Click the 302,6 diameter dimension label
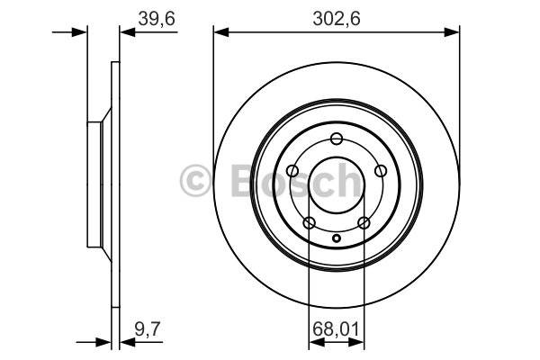(337, 18)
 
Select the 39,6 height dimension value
(157, 18)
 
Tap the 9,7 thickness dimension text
(148, 328)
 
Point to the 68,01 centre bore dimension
(336, 329)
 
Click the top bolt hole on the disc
(336, 139)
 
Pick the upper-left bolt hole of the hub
(292, 170)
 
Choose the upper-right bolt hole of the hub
(381, 170)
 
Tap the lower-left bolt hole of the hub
(310, 222)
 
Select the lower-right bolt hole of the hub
(364, 222)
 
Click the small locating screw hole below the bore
(337, 238)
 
